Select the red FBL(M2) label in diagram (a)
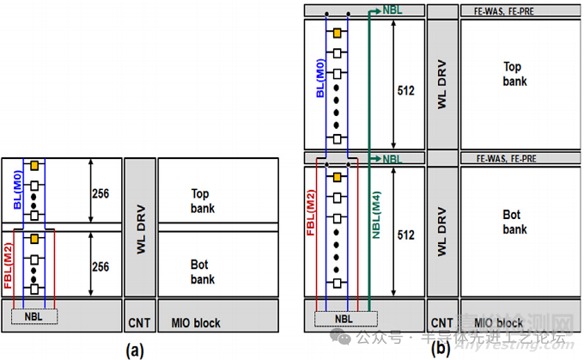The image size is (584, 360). tap(9, 262)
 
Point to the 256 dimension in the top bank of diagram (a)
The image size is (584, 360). tap(101, 193)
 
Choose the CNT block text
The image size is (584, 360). tap(138, 323)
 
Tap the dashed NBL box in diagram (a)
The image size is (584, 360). tap(34, 316)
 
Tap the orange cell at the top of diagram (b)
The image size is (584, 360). tap(338, 32)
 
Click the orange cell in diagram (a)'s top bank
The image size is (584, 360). tap(34, 165)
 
